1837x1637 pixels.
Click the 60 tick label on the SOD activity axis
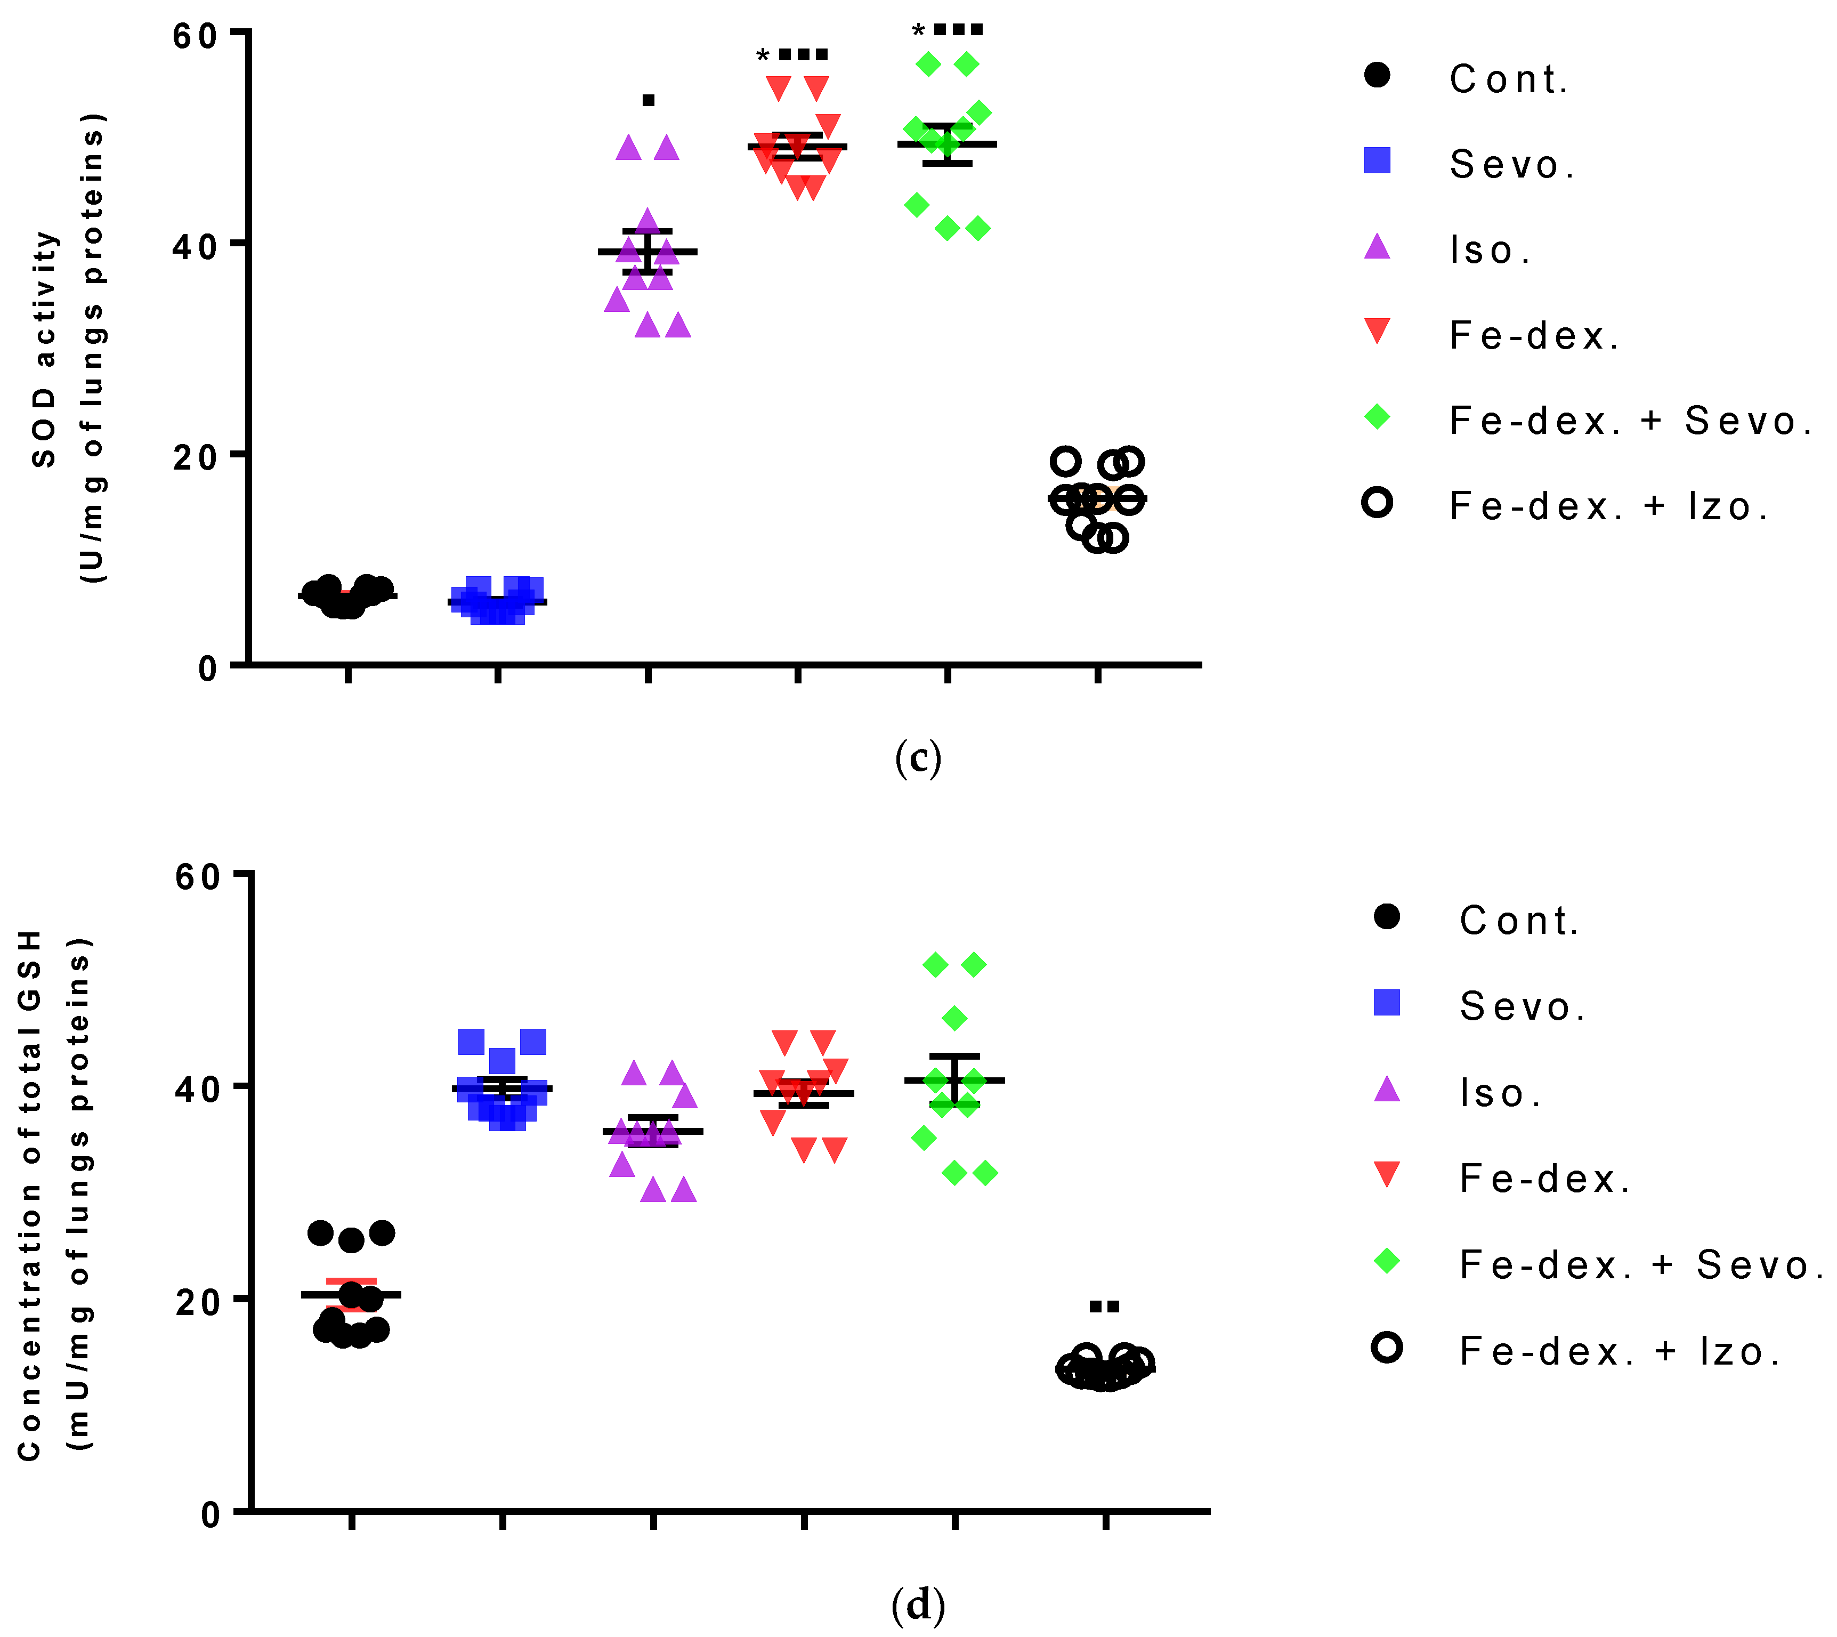coord(194,36)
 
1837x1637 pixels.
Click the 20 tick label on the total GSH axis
coord(198,1302)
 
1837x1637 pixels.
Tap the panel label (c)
coord(918,757)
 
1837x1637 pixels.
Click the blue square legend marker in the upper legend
coord(1377,161)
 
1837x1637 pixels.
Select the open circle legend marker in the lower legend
coord(1387,1348)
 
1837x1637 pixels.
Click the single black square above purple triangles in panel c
coord(648,100)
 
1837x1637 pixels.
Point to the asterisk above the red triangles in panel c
coord(763,57)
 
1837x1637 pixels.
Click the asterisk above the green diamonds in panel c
coord(918,31)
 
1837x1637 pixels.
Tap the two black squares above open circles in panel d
coord(1104,1306)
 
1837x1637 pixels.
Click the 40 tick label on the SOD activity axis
coord(194,246)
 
